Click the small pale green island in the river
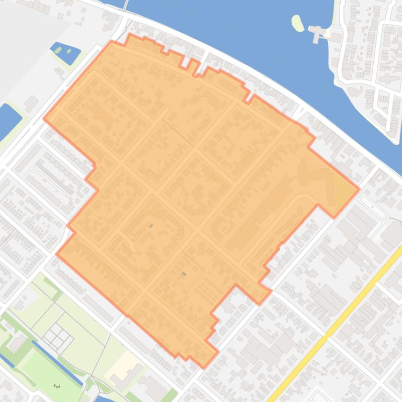pos(297,23)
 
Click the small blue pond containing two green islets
pos(66,52)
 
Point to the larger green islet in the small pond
pos(68,51)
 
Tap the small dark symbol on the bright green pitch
pos(56,386)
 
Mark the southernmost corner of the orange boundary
pos(204,367)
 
